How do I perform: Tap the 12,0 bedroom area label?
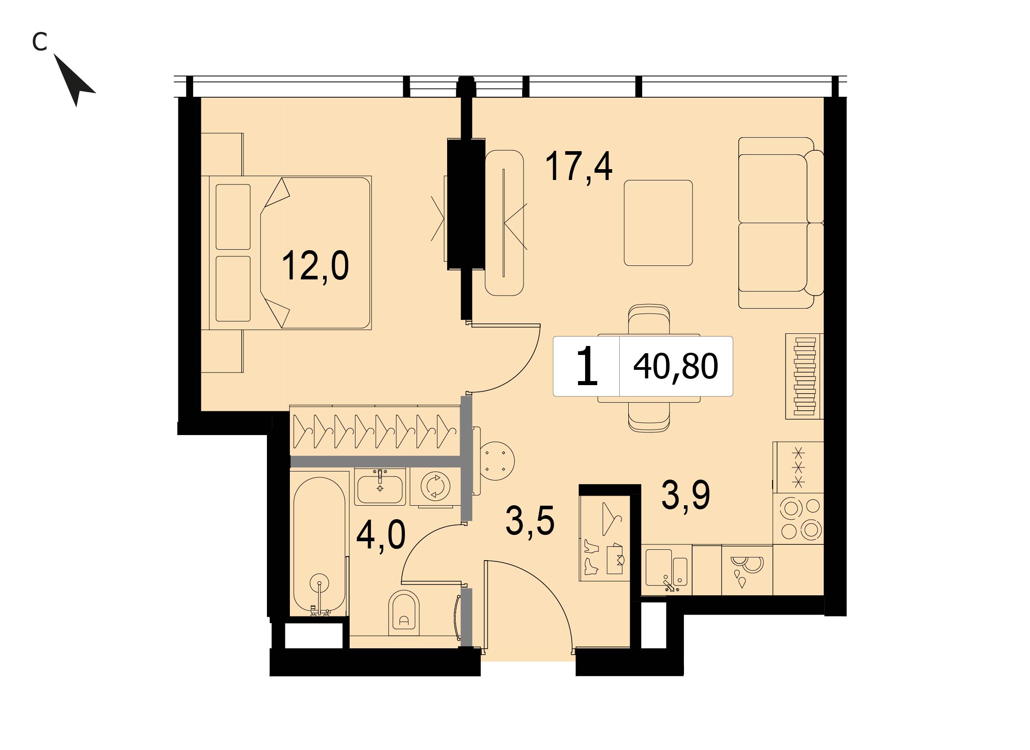pyautogui.click(x=315, y=267)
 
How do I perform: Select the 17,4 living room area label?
pyautogui.click(x=578, y=167)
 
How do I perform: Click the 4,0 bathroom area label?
pyautogui.click(x=381, y=536)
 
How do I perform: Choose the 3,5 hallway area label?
pyautogui.click(x=530, y=522)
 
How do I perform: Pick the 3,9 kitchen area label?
pyautogui.click(x=685, y=495)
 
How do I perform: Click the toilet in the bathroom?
pyautogui.click(x=404, y=614)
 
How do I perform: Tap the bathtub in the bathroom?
pyautogui.click(x=319, y=545)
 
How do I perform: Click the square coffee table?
pyautogui.click(x=658, y=223)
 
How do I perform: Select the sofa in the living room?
pyautogui.click(x=781, y=223)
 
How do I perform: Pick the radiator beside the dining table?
pyautogui.click(x=804, y=377)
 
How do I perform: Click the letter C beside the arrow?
pyautogui.click(x=40, y=42)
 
